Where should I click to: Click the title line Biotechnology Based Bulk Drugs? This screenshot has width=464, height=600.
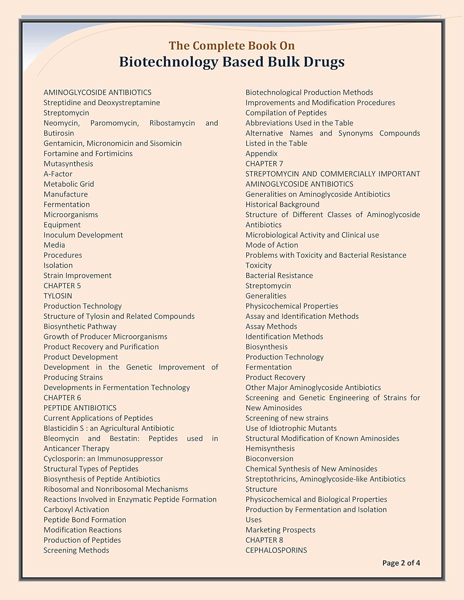(232, 62)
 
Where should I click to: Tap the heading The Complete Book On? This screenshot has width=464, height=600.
(232, 46)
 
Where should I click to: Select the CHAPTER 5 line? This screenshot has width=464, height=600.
(62, 286)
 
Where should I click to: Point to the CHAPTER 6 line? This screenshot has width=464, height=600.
(62, 398)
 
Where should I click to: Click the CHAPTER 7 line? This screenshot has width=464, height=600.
(264, 164)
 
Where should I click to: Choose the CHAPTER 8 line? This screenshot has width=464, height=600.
(264, 540)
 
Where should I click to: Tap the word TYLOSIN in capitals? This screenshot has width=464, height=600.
(58, 296)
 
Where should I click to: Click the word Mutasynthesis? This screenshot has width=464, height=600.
(68, 164)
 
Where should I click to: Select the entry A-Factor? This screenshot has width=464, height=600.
(58, 174)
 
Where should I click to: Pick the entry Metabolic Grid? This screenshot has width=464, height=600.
(69, 184)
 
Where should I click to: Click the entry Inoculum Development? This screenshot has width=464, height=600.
(83, 235)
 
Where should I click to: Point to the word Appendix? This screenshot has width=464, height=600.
(261, 154)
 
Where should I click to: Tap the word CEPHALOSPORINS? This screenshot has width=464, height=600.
(276, 550)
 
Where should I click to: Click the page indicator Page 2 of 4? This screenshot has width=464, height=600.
(401, 563)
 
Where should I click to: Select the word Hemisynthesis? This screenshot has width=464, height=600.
(270, 448)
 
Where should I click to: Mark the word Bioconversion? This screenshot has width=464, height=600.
(269, 459)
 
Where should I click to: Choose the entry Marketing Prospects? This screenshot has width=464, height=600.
(280, 530)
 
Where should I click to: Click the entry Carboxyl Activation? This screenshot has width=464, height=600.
(76, 510)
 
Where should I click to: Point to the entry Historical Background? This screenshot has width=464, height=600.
(282, 204)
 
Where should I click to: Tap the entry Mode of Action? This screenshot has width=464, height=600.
(272, 245)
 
